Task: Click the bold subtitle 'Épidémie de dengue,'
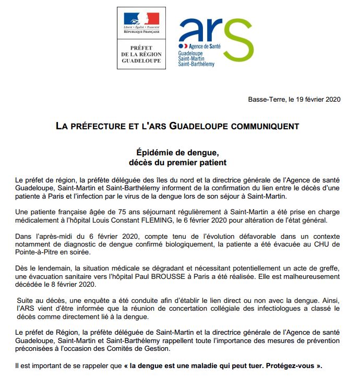point(179,153)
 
